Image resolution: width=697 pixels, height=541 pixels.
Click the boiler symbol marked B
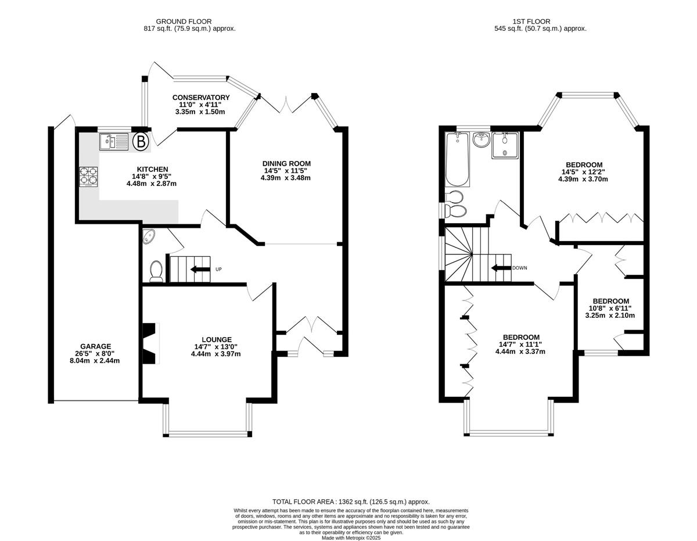point(141,141)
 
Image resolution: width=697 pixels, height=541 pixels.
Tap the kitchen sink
point(113,142)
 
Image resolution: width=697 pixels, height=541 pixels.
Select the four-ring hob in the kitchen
point(88,177)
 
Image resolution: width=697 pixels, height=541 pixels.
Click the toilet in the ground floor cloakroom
point(156,271)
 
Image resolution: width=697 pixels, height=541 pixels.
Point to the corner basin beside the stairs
point(148,236)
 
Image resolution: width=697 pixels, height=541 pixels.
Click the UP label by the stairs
point(218,269)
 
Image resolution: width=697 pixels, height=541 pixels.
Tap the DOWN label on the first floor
point(520,268)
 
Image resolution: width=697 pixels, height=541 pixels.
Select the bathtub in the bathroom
point(458,159)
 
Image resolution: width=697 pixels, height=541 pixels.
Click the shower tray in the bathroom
point(505,146)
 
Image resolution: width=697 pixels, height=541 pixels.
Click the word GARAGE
point(96,346)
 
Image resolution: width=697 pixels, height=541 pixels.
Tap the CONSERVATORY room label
point(201,97)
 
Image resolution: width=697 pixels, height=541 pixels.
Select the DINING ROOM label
point(286,163)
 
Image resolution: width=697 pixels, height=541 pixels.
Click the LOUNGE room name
point(217,339)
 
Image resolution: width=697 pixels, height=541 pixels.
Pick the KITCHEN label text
point(152,169)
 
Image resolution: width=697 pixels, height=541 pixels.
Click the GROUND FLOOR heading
point(184,22)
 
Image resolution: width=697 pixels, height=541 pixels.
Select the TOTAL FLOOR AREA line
point(351,501)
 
